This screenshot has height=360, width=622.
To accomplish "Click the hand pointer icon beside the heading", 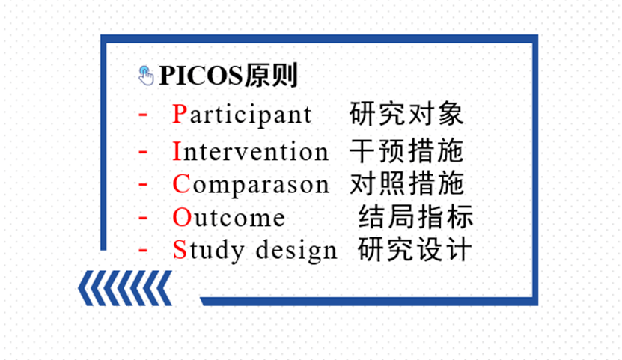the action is (x=146, y=76).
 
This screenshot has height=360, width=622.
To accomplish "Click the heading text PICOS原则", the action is (x=228, y=76).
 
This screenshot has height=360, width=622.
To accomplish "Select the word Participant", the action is (x=242, y=115).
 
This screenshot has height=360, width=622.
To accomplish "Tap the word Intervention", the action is (x=251, y=151).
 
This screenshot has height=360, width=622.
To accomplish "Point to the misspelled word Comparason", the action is (x=251, y=185).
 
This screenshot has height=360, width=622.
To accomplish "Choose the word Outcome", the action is (x=229, y=217).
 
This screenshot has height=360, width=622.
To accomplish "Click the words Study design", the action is (x=254, y=251).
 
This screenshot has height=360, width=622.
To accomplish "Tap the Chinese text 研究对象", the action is (x=406, y=115).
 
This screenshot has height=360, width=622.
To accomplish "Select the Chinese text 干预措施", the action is (x=406, y=151).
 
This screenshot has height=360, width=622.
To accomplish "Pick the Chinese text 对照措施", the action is (x=406, y=183).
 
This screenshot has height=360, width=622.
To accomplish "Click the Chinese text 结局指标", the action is (x=415, y=216).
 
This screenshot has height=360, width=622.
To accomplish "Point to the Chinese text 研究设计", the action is (x=415, y=250).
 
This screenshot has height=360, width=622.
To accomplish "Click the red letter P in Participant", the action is (x=180, y=115).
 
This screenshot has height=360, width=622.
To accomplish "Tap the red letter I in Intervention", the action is (x=177, y=151).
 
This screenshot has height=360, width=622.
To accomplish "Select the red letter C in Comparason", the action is (x=181, y=184).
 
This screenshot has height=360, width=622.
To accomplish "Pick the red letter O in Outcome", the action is (x=182, y=217).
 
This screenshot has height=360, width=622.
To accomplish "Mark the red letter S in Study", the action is (x=180, y=250).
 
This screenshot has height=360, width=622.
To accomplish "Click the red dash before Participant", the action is (x=143, y=115).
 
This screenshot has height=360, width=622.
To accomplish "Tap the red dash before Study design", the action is (x=143, y=250).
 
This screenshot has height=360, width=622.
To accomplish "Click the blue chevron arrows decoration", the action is (x=125, y=288).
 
